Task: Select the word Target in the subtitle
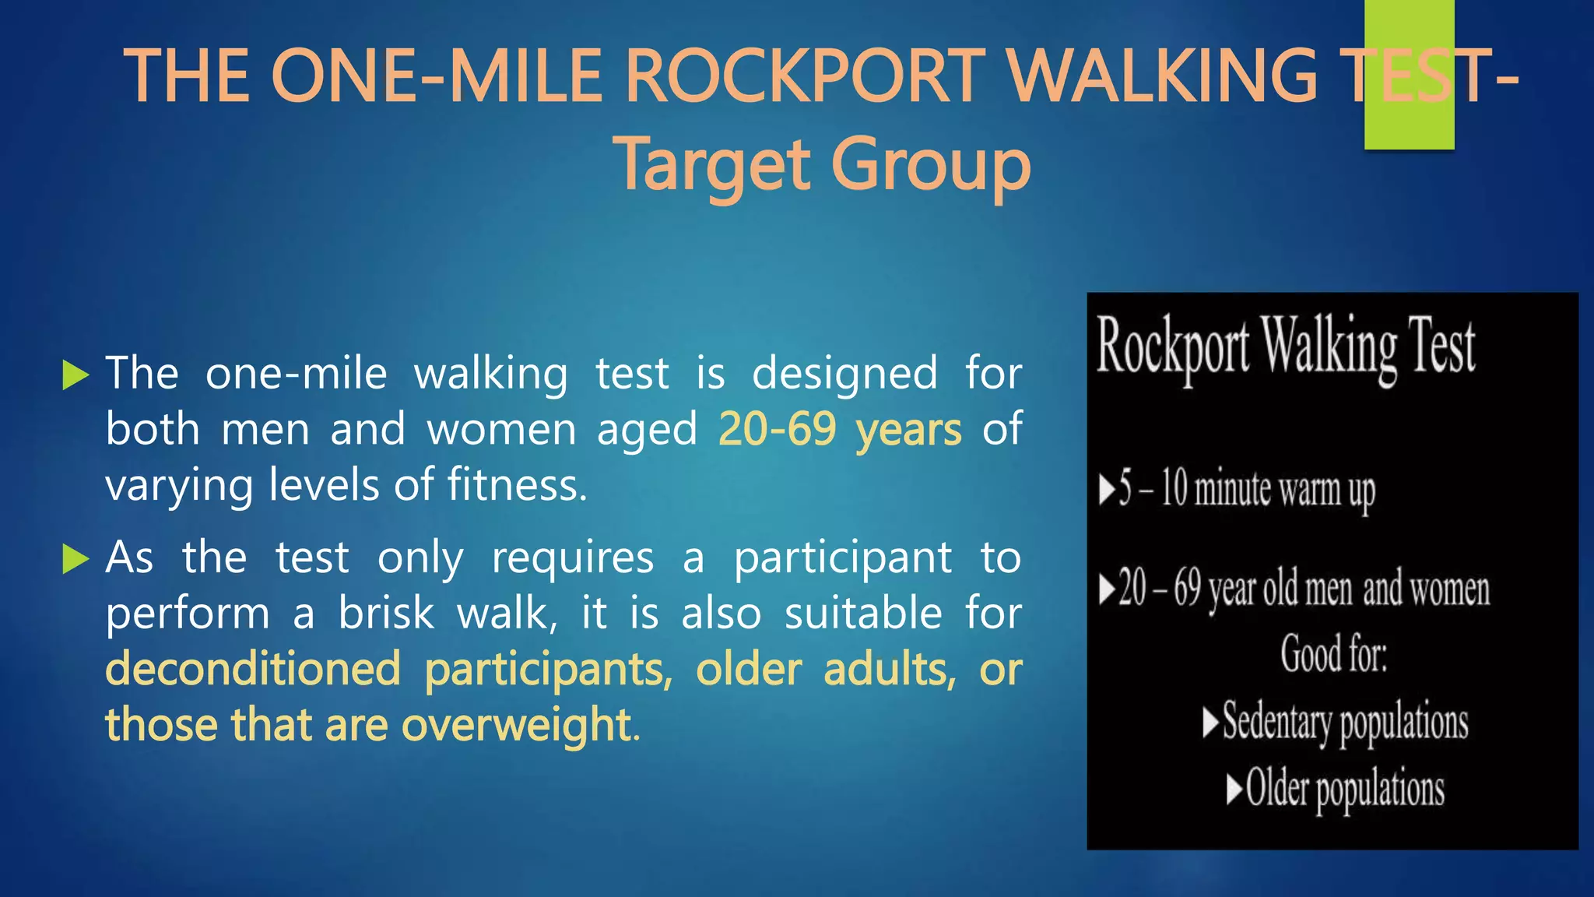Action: [714, 165]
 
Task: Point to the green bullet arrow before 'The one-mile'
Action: [75, 375]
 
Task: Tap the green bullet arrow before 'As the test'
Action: [75, 558]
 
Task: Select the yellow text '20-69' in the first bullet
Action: [777, 429]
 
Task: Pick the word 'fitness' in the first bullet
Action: [513, 484]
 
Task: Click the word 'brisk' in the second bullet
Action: [385, 614]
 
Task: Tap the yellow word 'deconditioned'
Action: [253, 669]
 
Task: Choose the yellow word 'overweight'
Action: [515, 725]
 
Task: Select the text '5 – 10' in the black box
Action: [1153, 490]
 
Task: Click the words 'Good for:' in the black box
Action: [1333, 653]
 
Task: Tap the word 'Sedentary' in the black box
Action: [1276, 721]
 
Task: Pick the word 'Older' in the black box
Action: [1276, 788]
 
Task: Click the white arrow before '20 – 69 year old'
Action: [1107, 589]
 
